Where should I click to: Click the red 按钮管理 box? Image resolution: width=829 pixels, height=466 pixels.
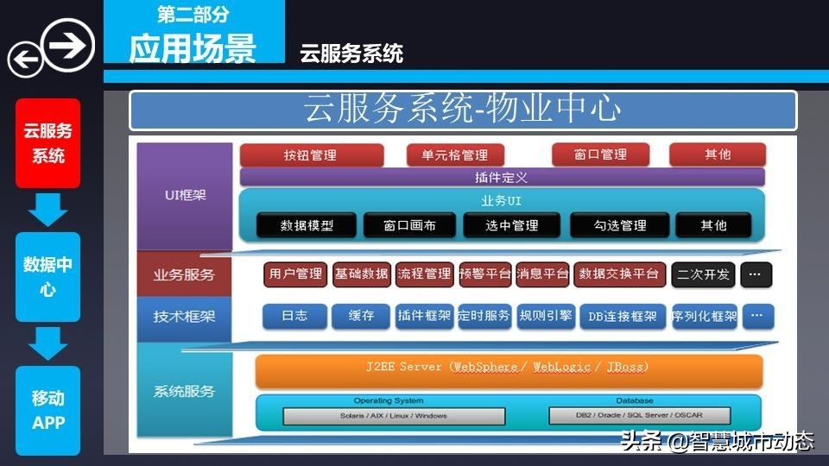click(x=311, y=155)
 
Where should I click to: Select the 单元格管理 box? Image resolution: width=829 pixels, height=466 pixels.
click(x=455, y=155)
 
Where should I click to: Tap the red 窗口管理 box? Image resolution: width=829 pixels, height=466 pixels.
click(x=600, y=155)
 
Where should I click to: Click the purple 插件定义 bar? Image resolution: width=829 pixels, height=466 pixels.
click(x=502, y=177)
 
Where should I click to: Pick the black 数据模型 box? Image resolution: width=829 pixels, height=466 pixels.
click(x=307, y=226)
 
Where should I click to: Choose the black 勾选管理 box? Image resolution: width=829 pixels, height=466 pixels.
click(x=620, y=226)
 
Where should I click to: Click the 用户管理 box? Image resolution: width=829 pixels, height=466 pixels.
click(x=295, y=274)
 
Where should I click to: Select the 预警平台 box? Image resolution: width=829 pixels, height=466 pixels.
click(x=485, y=274)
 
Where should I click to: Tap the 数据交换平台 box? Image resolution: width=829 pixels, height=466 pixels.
click(x=619, y=274)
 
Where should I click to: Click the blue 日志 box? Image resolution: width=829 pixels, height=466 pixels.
click(x=294, y=316)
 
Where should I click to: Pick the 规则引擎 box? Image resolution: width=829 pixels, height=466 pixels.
click(x=546, y=316)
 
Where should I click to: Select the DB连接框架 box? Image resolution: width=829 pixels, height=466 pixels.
click(x=622, y=316)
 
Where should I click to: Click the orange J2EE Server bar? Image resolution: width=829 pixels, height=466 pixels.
click(x=508, y=368)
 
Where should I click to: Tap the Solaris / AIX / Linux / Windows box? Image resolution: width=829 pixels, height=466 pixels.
click(x=394, y=416)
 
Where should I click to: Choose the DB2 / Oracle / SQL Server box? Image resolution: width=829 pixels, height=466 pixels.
click(x=639, y=416)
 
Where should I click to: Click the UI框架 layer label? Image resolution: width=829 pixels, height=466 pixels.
click(x=185, y=195)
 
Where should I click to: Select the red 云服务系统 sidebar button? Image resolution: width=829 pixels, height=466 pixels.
click(x=48, y=143)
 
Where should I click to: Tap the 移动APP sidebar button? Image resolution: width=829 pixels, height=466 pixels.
click(x=48, y=411)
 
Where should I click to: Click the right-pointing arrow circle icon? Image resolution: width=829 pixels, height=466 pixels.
click(x=68, y=44)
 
